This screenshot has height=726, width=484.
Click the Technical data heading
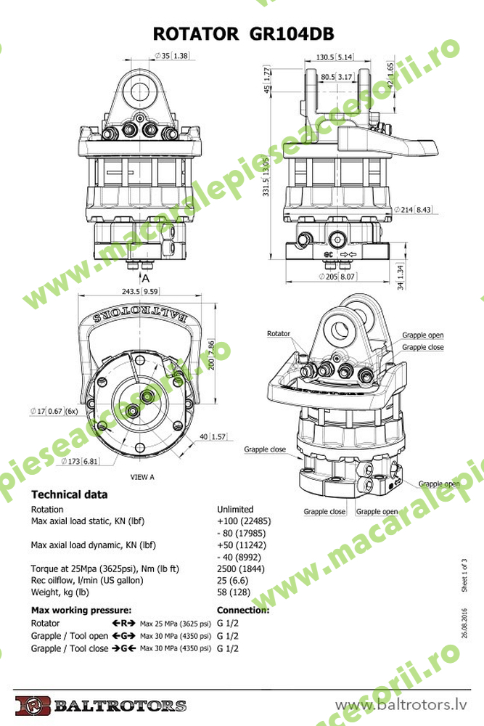click(x=70, y=494)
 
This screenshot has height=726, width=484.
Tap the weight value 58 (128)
click(x=233, y=592)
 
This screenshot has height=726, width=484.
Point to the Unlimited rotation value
click(x=235, y=509)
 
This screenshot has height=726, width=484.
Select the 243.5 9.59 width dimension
click(x=141, y=291)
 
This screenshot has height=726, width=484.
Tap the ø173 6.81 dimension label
click(x=80, y=461)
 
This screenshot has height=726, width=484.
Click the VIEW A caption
click(x=141, y=477)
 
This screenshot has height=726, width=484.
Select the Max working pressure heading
click(x=81, y=610)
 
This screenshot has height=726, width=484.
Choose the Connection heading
click(x=243, y=610)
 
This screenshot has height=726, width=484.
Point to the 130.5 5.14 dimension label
click(x=335, y=57)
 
